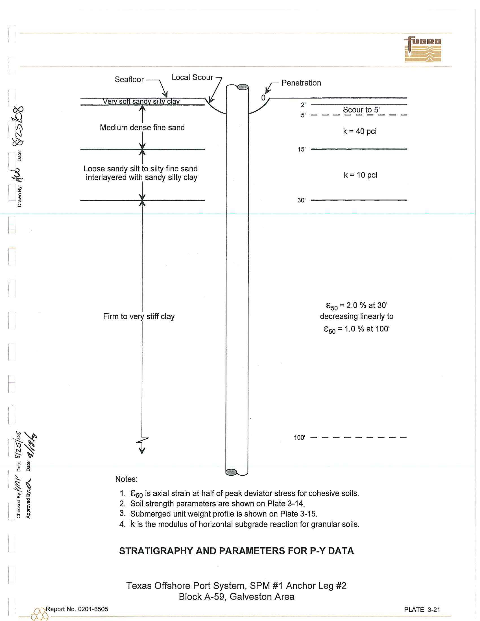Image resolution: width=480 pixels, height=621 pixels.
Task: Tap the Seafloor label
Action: click(x=129, y=79)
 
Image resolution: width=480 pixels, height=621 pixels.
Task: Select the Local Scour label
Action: click(x=192, y=77)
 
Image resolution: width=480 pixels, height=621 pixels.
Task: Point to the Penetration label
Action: click(x=301, y=83)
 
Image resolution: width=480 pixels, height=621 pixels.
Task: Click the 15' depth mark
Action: click(x=302, y=149)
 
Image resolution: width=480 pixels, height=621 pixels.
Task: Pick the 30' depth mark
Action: click(x=302, y=200)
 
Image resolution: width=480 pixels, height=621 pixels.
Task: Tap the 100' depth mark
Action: click(x=299, y=438)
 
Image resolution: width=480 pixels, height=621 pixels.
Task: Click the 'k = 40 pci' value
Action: click(x=360, y=131)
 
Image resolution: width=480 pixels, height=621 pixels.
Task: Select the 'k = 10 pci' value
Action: click(x=360, y=175)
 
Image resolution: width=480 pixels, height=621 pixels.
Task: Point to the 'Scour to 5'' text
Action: click(x=361, y=110)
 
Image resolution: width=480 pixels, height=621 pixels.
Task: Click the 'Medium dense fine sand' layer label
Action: click(x=142, y=127)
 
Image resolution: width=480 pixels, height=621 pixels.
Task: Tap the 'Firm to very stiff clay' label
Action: click(x=139, y=316)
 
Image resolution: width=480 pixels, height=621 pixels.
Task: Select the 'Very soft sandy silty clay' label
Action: click(x=141, y=102)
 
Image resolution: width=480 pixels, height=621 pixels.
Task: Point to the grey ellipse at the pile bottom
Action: click(x=231, y=472)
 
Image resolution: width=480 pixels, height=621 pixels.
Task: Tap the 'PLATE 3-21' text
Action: click(x=422, y=609)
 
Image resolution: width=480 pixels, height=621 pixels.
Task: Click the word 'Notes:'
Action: click(x=126, y=479)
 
